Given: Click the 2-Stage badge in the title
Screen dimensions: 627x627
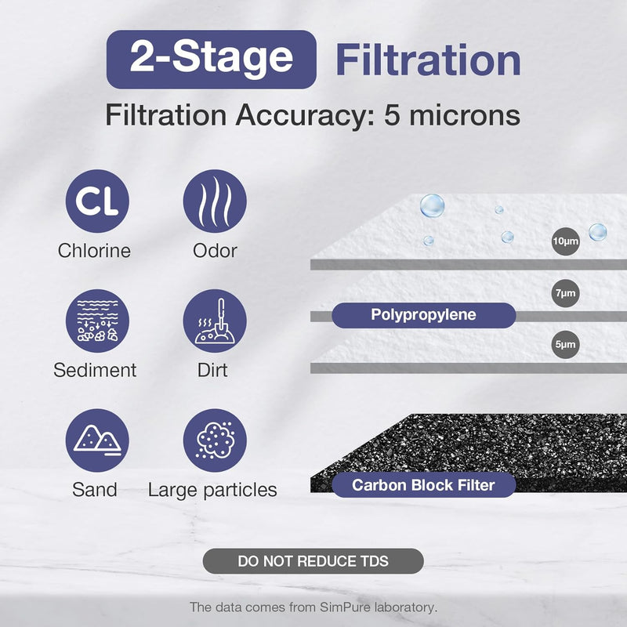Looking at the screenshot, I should click(211, 59).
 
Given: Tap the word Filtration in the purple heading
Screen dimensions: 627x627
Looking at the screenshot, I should click(428, 60).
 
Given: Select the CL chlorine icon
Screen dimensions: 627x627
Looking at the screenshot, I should click(97, 201).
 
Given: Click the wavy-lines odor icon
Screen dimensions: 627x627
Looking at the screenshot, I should click(215, 201).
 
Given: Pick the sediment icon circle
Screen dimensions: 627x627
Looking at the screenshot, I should click(97, 321).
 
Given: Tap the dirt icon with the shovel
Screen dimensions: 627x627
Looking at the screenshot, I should click(215, 321).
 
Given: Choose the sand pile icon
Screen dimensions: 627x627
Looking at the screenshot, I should click(97, 440).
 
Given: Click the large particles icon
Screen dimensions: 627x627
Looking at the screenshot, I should click(215, 440).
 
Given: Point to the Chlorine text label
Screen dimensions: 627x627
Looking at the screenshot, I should click(94, 251).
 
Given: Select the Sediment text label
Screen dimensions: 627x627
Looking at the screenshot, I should click(95, 370).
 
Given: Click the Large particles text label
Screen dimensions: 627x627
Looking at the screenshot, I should click(212, 490).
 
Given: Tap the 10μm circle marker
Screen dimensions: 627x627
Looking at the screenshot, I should click(565, 241).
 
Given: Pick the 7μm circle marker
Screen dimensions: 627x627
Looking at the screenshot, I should click(565, 293).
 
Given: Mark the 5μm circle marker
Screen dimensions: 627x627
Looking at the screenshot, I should click(565, 344).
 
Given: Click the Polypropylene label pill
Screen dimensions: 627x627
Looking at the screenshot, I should click(423, 315).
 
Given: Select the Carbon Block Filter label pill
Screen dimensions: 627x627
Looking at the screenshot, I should click(423, 485).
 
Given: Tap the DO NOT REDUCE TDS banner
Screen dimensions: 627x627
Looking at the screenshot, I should click(313, 561).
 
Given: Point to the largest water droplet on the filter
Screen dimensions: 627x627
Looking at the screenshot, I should click(432, 205).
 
